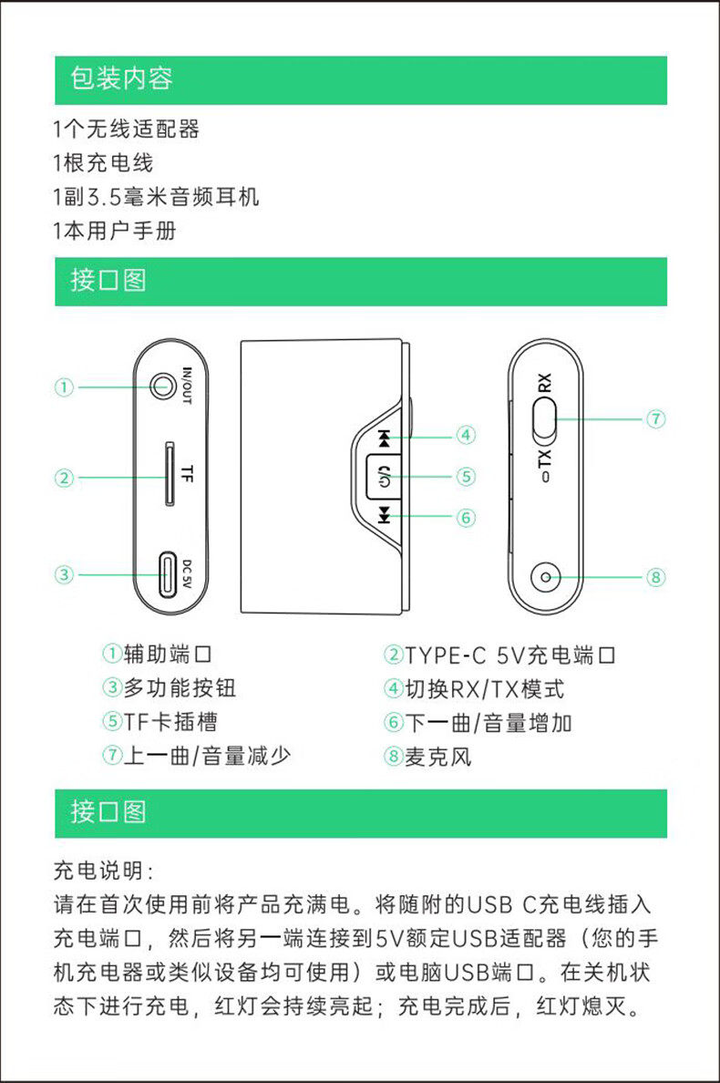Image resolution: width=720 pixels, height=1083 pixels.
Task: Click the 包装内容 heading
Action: [122, 79]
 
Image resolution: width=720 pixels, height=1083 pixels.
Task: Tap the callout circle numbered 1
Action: [64, 387]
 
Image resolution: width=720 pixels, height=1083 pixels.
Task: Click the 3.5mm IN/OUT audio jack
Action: [164, 387]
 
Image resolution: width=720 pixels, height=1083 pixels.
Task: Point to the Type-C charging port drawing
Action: [168, 574]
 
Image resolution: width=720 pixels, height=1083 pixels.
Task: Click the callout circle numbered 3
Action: [64, 574]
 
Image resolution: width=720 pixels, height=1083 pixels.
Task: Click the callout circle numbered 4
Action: [466, 436]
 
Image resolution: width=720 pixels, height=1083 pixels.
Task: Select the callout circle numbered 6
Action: [466, 518]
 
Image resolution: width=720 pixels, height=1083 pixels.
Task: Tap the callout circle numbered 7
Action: [655, 419]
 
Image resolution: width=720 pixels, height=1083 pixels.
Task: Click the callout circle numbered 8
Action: [655, 577]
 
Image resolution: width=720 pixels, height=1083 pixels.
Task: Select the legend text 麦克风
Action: [438, 757]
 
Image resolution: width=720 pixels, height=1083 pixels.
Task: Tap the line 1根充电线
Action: [103, 163]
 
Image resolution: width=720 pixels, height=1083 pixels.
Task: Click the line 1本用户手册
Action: [115, 231]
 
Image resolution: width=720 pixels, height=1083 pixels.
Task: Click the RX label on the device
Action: [545, 383]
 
